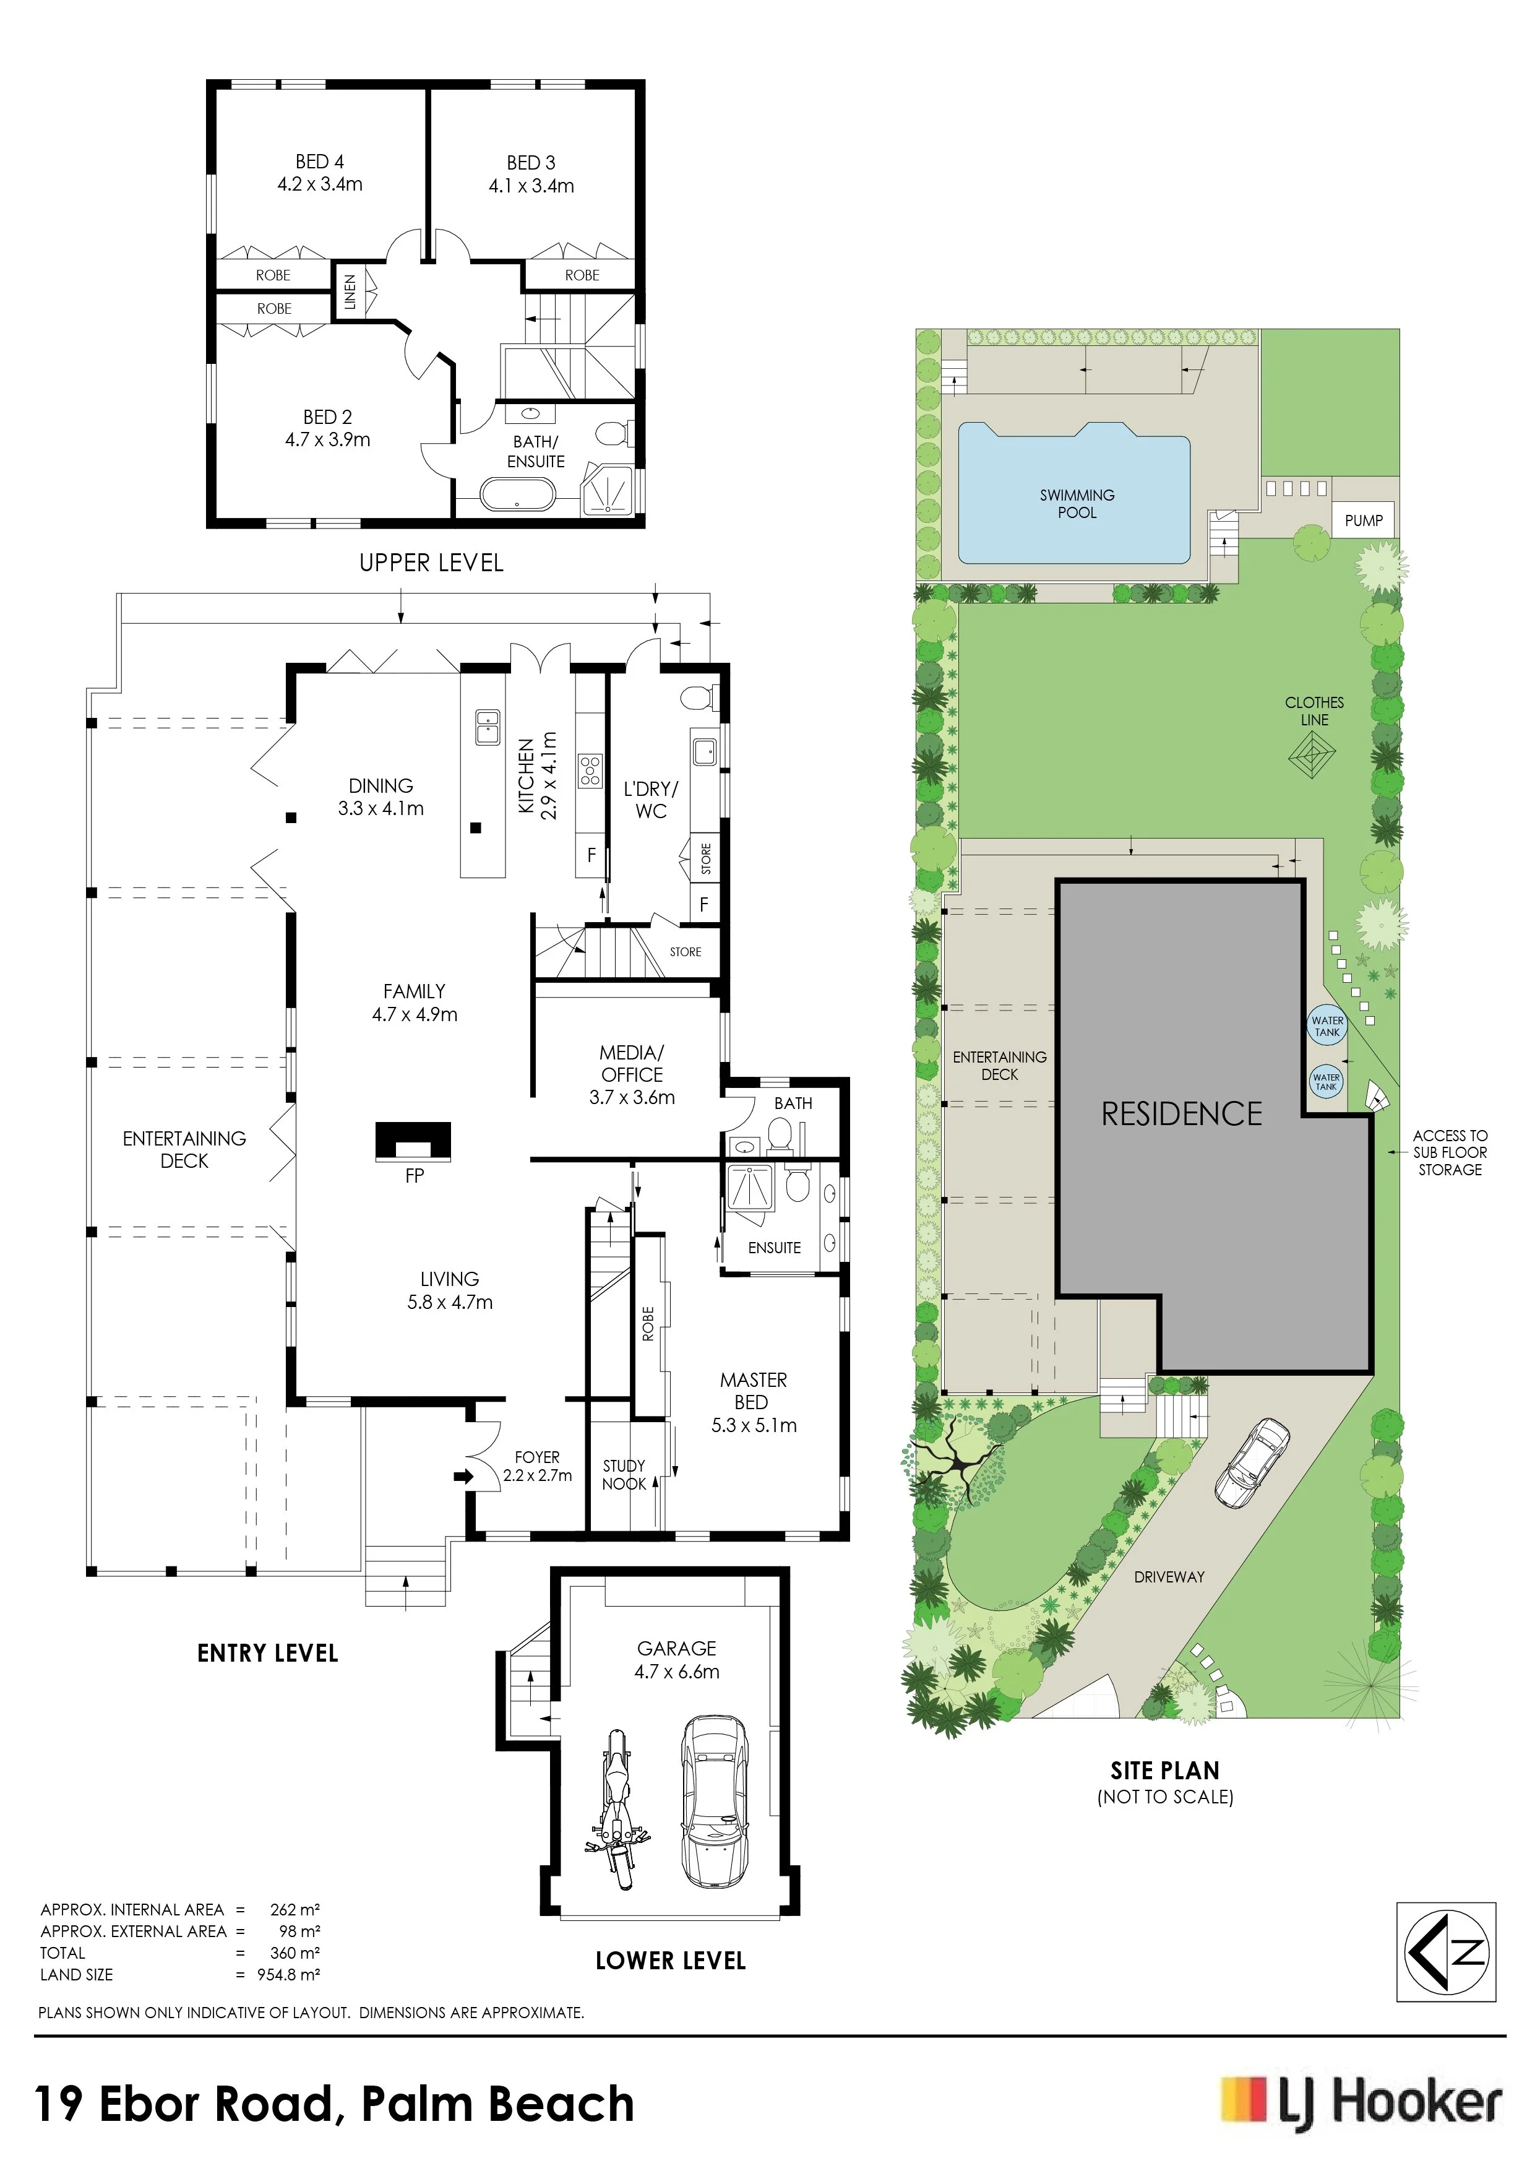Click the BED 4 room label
(x=319, y=173)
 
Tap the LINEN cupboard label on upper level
(x=350, y=291)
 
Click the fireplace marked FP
(x=413, y=1141)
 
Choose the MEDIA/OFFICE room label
(x=632, y=1074)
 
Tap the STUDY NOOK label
(x=624, y=1474)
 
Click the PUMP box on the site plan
(x=1364, y=520)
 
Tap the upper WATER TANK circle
(x=1327, y=1026)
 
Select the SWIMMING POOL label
(x=1077, y=503)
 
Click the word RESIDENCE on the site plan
(x=1182, y=1114)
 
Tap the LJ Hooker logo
(x=1361, y=2104)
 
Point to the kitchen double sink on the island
(x=488, y=727)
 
